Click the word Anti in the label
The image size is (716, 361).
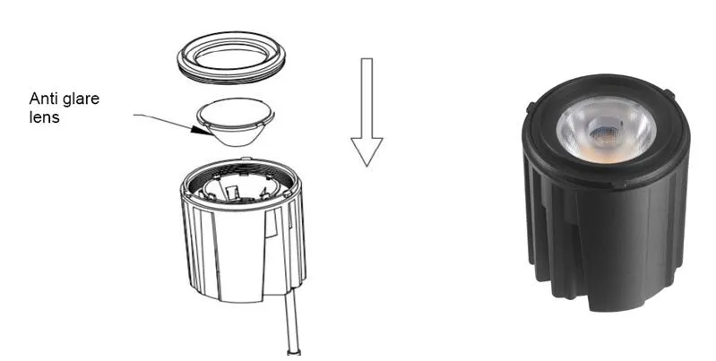coord(44,99)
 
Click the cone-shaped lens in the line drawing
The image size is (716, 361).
coord(235,125)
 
